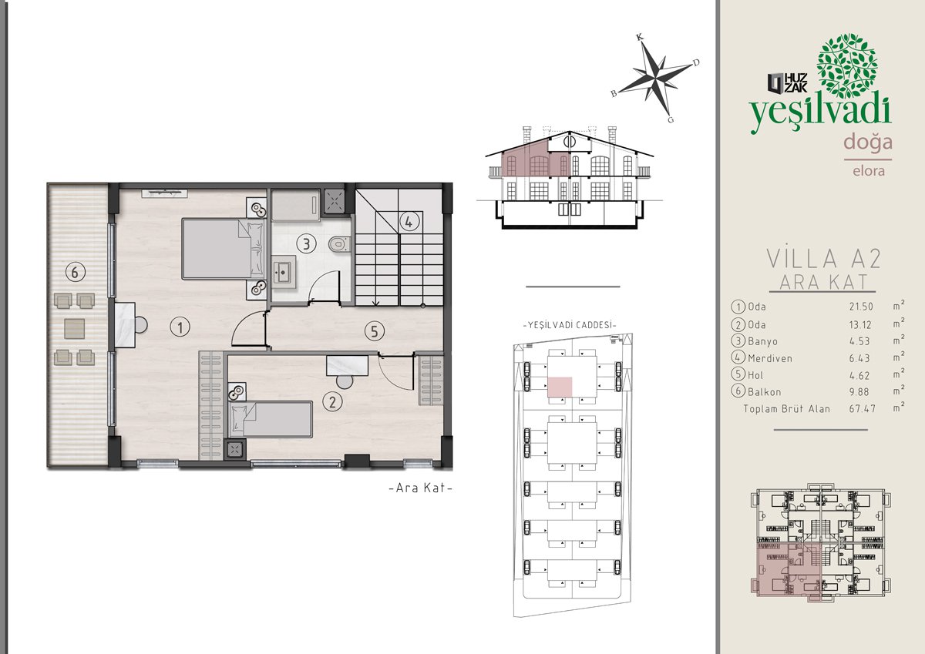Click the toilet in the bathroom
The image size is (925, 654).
[339, 244]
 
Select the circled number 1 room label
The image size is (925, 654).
[180, 327]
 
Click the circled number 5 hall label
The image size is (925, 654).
[374, 331]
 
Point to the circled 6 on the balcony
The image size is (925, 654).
[76, 272]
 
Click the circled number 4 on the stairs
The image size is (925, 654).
[409, 222]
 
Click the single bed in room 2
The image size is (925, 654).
[271, 419]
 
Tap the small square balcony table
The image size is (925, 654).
[75, 329]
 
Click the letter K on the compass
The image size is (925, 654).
[640, 38]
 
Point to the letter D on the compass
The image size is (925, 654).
[696, 62]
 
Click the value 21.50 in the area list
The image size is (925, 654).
[861, 307]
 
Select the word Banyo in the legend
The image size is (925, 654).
[762, 341]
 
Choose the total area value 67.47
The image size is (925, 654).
[863, 408]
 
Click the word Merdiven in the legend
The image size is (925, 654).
[770, 358]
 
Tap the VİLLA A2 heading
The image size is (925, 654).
[824, 259]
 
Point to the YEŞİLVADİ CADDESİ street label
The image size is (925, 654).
[570, 325]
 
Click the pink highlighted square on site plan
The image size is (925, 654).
[560, 387]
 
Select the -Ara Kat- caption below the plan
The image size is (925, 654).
[421, 488]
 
